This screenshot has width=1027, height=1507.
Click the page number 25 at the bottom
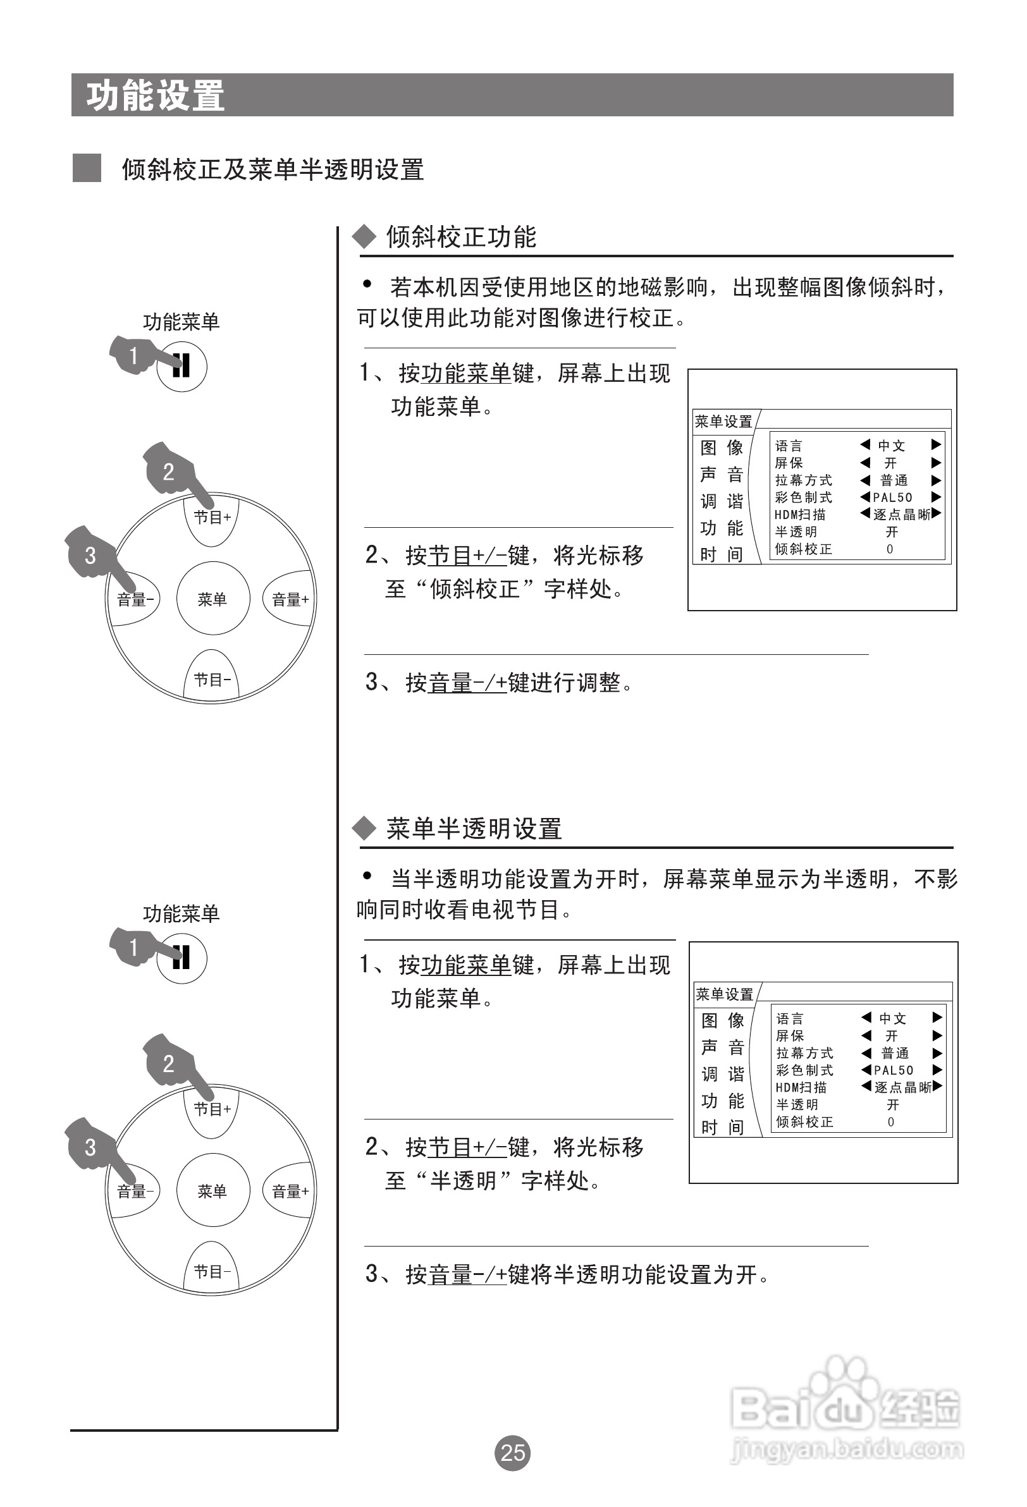(x=512, y=1452)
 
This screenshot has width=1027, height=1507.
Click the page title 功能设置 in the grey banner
(x=156, y=95)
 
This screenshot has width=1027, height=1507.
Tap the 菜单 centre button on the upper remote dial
(x=212, y=599)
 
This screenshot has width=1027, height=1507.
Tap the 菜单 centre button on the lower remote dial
(x=212, y=1190)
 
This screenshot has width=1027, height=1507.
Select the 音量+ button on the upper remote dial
(x=290, y=599)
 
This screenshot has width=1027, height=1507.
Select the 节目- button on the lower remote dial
(x=212, y=1272)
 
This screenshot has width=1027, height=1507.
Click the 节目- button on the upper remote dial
(x=212, y=680)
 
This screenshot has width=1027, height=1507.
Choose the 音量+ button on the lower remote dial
(x=290, y=1191)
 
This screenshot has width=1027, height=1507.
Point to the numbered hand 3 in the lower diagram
(x=91, y=1147)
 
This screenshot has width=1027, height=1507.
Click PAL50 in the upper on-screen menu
(x=893, y=497)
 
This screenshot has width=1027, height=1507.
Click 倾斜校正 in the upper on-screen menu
(x=803, y=549)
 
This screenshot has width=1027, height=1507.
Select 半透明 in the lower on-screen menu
(x=797, y=1104)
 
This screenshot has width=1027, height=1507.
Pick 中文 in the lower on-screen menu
(x=893, y=1018)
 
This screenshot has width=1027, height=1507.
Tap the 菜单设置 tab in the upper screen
(x=723, y=422)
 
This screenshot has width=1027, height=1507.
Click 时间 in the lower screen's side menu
(x=722, y=1128)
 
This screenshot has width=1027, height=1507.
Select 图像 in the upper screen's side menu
(x=722, y=448)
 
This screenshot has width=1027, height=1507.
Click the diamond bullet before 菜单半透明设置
(x=364, y=828)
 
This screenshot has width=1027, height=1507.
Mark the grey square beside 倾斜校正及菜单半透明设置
(x=86, y=168)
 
